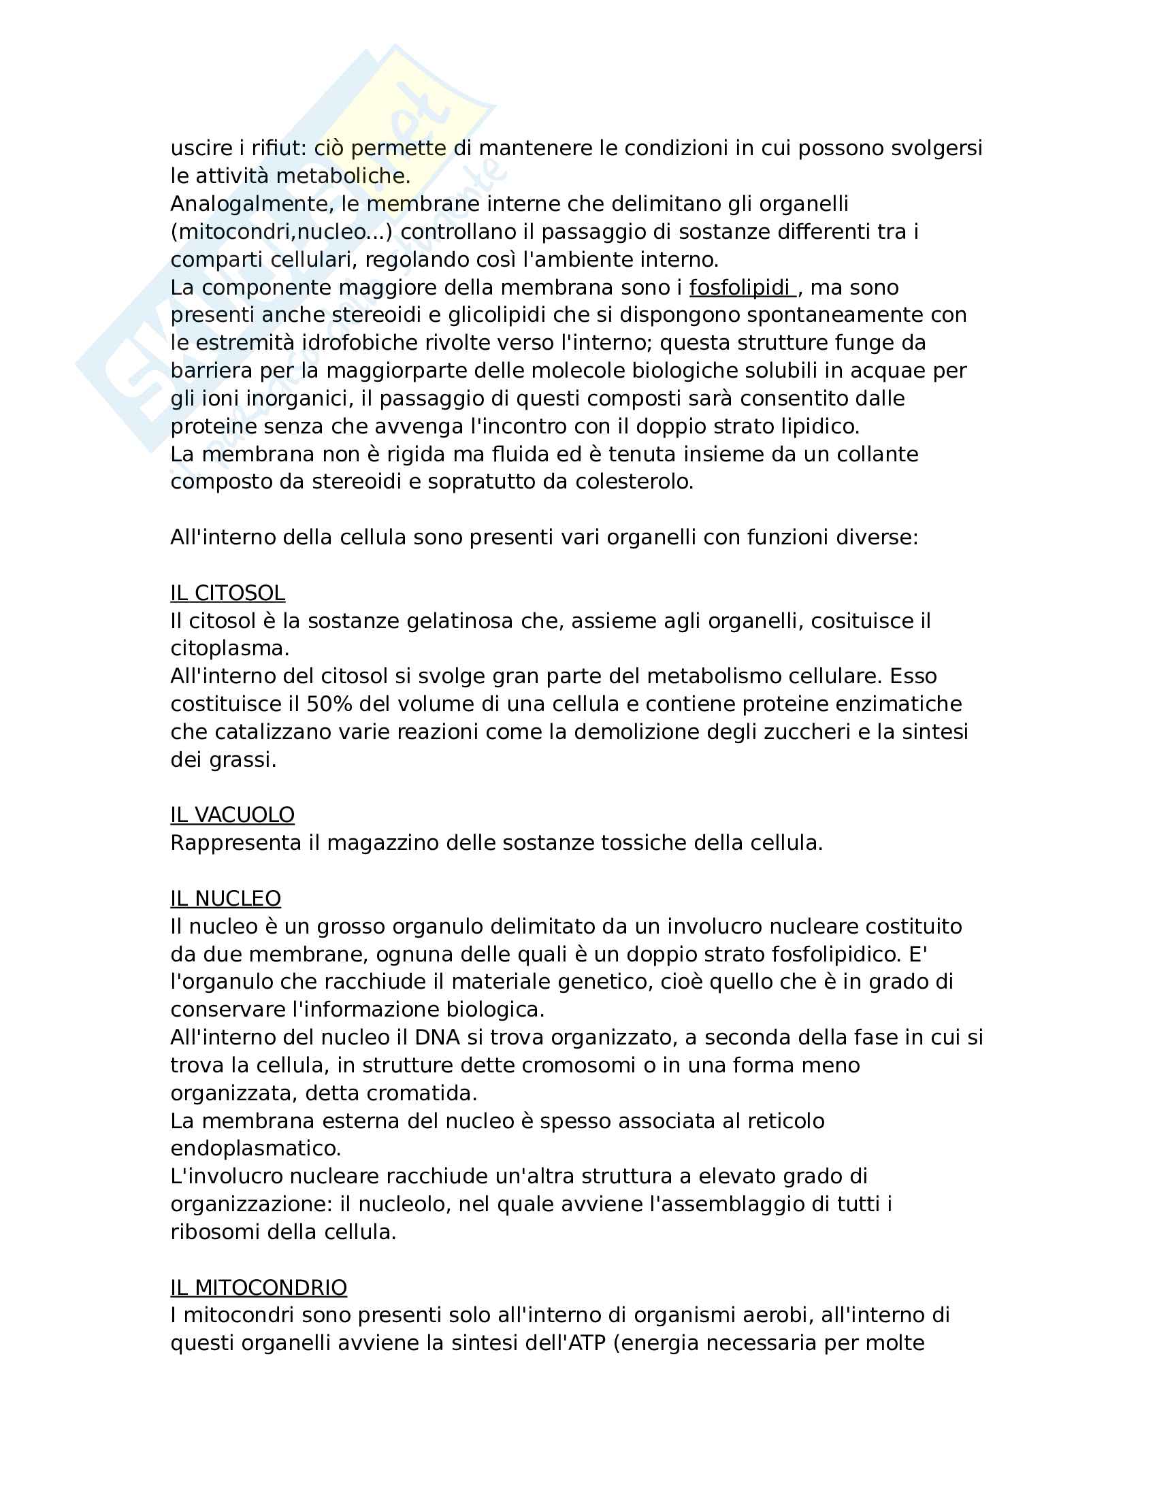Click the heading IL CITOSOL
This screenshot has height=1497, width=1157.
click(227, 593)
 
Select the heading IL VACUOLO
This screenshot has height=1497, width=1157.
click(232, 815)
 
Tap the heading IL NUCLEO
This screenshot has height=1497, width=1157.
click(225, 898)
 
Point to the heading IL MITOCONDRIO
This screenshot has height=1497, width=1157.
click(259, 1287)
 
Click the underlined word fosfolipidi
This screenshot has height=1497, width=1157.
click(740, 287)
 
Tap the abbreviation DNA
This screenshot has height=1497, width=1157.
click(438, 1037)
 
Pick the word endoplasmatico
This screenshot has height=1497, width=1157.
click(256, 1148)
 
